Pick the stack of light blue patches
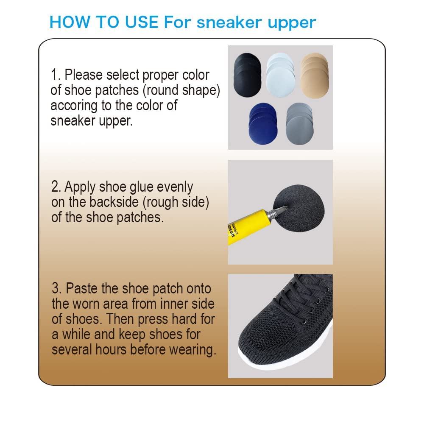point(280,74)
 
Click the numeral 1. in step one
point(56,75)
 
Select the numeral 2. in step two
point(56,187)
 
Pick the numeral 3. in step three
point(57,289)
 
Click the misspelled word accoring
point(74,106)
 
